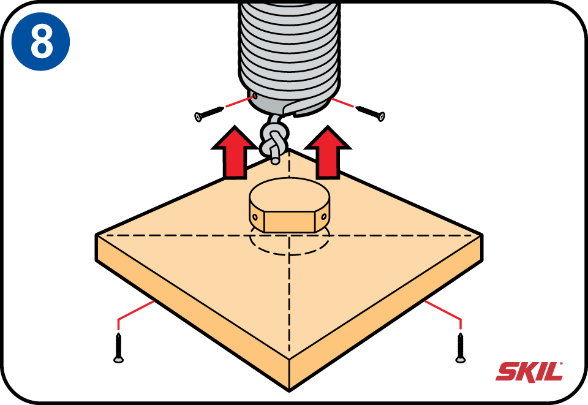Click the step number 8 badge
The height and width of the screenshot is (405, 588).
[x=41, y=41]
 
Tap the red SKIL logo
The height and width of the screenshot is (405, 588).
[x=529, y=371]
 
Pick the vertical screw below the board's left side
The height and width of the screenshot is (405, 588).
[x=118, y=347]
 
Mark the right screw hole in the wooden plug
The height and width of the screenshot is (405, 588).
[x=324, y=217]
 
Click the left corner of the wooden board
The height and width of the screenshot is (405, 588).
[x=98, y=235]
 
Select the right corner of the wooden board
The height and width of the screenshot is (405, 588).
[x=481, y=235]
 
